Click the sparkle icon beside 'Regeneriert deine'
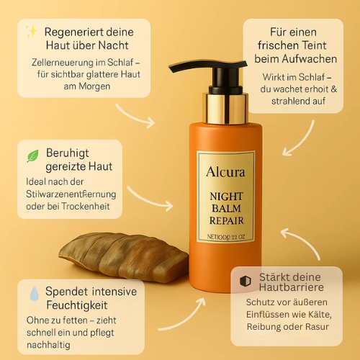[x=31, y=31]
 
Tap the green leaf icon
[x=32, y=156]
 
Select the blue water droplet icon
[x=33, y=294]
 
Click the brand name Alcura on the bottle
[x=225, y=172]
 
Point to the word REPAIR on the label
[x=225, y=221]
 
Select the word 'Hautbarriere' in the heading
[x=285, y=289]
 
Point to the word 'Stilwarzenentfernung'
[x=70, y=194]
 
